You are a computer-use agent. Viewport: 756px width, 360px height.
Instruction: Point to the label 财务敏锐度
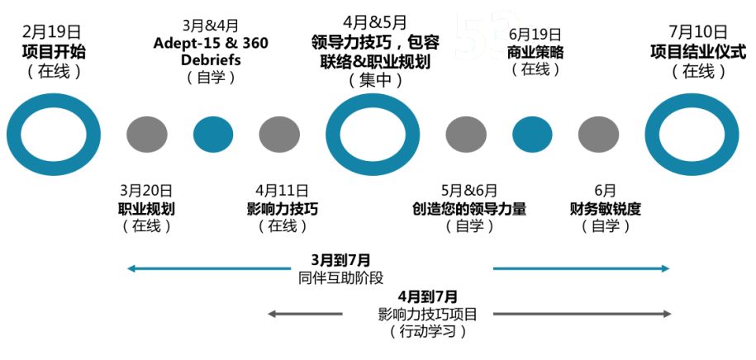coord(605,208)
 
